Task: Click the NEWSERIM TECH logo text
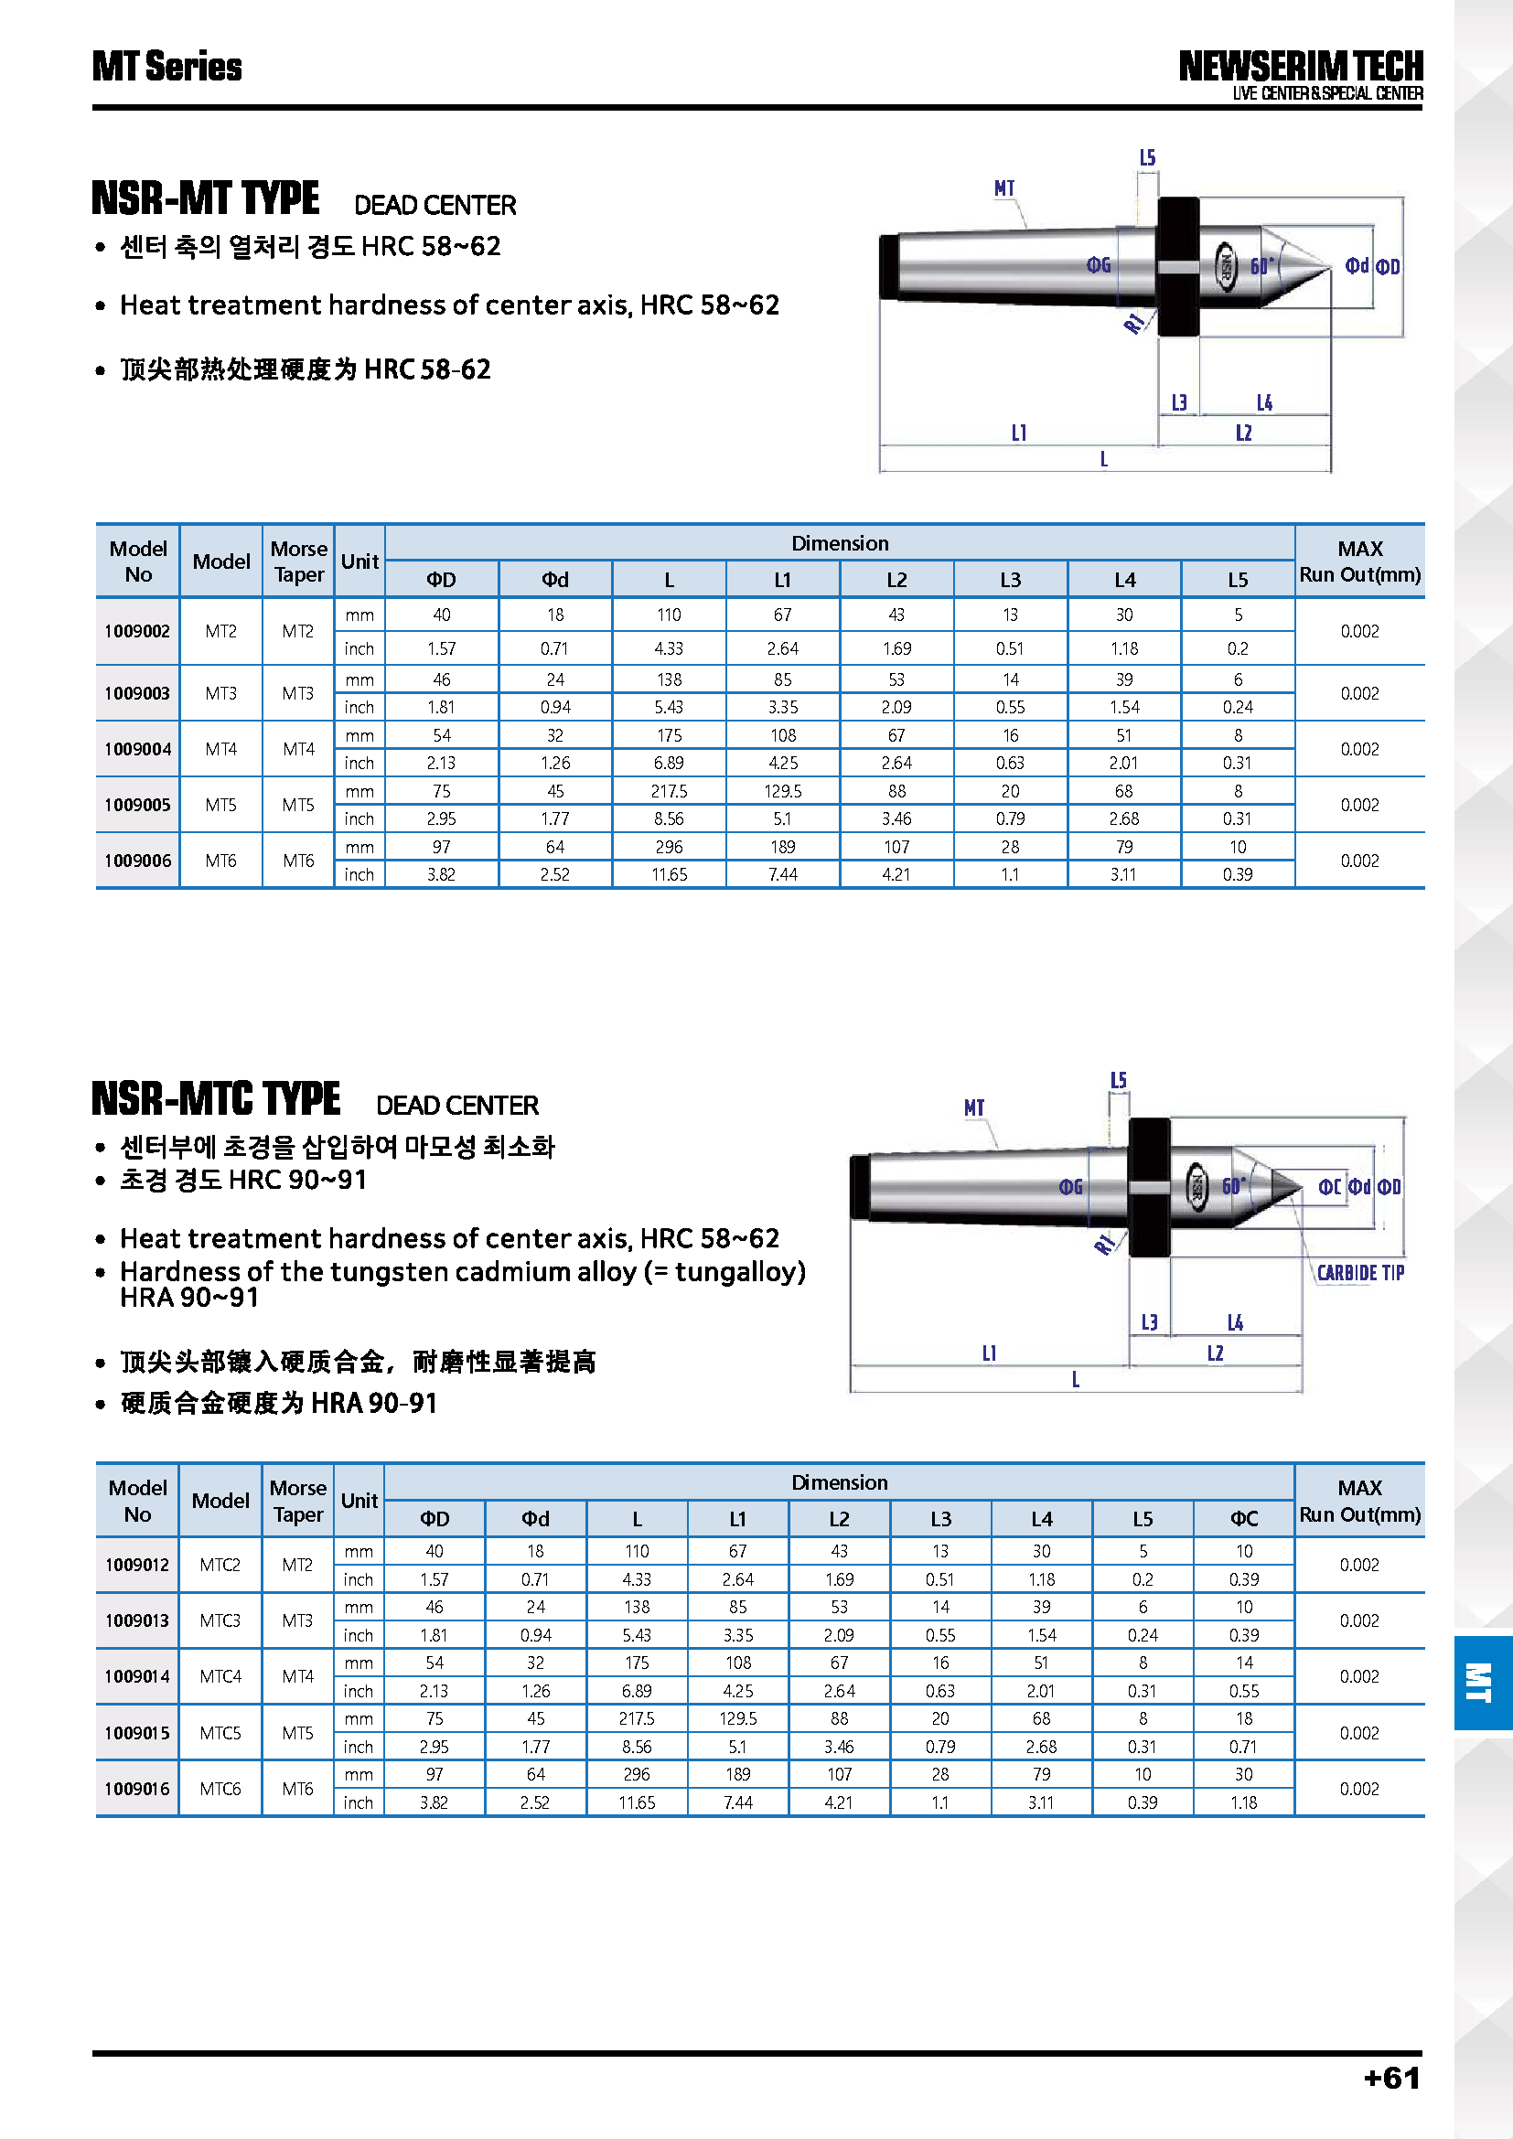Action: pos(1300,67)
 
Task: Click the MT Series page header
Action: pos(166,67)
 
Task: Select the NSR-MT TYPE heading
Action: pos(206,198)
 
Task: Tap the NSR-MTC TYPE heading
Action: pos(216,1099)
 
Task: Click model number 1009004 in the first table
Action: pos(138,749)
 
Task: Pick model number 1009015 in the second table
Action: pos(138,1733)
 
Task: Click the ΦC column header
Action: pos(1244,1519)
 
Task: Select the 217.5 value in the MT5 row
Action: pos(669,791)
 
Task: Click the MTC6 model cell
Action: pos(220,1789)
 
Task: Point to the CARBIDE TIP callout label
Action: pos(1360,1273)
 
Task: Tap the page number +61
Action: pos(1392,2078)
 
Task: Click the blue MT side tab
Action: pos(1480,1683)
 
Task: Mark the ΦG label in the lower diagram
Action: pos(1071,1187)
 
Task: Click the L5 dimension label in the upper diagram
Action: pos(1148,158)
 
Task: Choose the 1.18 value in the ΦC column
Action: pos(1244,1802)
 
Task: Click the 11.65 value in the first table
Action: pos(669,875)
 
